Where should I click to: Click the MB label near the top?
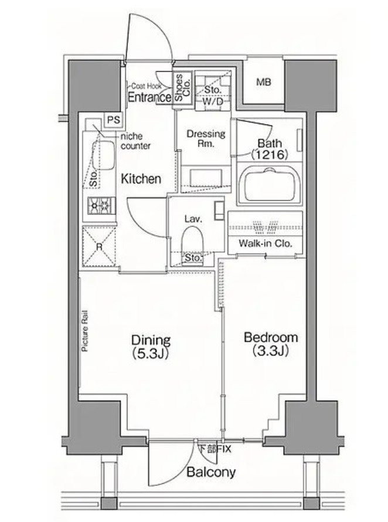coord(264,82)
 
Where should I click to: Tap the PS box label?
coord(114,120)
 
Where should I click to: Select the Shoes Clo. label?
coord(182,87)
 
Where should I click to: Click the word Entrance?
coord(149,97)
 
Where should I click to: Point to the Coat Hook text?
coord(146,86)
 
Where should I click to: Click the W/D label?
coord(213,101)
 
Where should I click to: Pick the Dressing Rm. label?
coord(206,138)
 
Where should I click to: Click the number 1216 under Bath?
coord(270,154)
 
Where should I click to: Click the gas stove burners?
coord(101,205)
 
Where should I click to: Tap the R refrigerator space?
coord(99,246)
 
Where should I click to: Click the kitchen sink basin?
coord(103,155)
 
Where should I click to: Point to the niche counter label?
coord(135,141)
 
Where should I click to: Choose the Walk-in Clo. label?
coord(265,243)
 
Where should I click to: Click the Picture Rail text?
coord(85,331)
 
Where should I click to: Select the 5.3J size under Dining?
coord(151,354)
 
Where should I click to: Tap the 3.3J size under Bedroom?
coord(270,351)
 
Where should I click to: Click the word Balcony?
coord(211,472)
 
